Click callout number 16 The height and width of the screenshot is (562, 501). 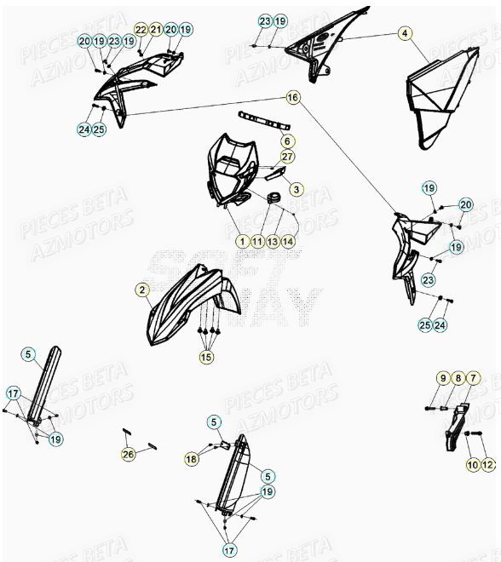[293, 98]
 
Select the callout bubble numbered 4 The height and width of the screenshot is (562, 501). [406, 34]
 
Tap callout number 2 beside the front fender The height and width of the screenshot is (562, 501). [141, 290]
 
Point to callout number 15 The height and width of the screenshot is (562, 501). [207, 358]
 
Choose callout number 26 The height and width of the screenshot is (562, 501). [129, 454]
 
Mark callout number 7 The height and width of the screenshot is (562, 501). [474, 378]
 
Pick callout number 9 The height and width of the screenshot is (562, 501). [443, 378]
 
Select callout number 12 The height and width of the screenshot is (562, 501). [487, 464]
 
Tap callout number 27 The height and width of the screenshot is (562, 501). [287, 157]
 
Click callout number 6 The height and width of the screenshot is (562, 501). [287, 141]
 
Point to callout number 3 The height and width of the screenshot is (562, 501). [296, 189]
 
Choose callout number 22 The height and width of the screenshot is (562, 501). [141, 30]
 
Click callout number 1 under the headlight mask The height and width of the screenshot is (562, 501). [243, 242]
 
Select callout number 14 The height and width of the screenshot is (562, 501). [288, 242]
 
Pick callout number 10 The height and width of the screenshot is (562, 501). [472, 464]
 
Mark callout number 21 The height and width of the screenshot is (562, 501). [156, 30]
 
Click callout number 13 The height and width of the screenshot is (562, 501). [273, 242]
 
